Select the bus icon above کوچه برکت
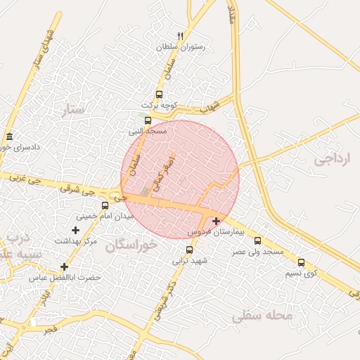(159, 94)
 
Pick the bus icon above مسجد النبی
(148, 120)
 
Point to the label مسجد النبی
(147, 131)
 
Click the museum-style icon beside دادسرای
(9, 136)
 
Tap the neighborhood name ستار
(72, 109)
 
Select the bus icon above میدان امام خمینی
(105, 205)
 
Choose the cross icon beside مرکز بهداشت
(75, 230)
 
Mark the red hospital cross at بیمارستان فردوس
(216, 221)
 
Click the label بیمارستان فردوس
(215, 231)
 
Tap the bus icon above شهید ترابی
(189, 250)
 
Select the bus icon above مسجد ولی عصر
(257, 240)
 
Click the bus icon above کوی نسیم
(301, 262)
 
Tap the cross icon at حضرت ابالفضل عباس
(64, 266)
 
